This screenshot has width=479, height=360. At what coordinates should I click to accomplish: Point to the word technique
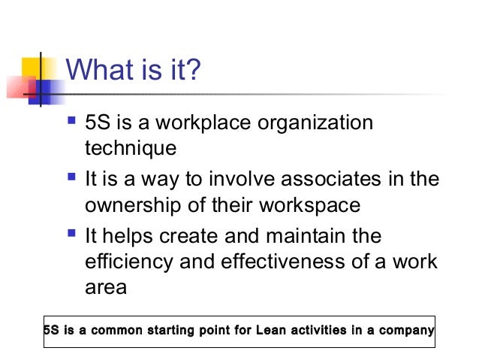tap(130, 147)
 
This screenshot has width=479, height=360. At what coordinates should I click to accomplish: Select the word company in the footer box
tap(406, 331)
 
